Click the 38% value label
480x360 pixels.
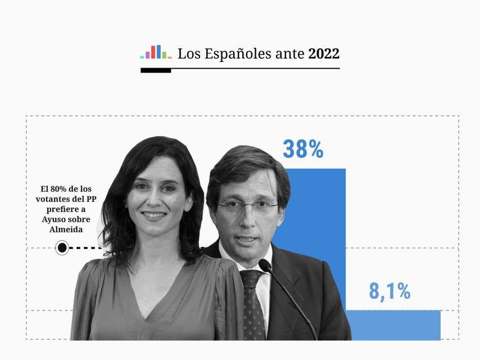[x=303, y=149]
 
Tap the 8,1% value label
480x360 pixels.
[x=390, y=291]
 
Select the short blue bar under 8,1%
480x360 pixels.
[x=393, y=325]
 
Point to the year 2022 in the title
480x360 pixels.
[x=324, y=54]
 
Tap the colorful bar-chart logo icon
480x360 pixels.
[x=156, y=52]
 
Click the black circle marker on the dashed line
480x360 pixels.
[x=62, y=247]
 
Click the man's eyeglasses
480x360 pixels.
[x=247, y=206]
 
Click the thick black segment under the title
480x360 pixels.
[x=156, y=71]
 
